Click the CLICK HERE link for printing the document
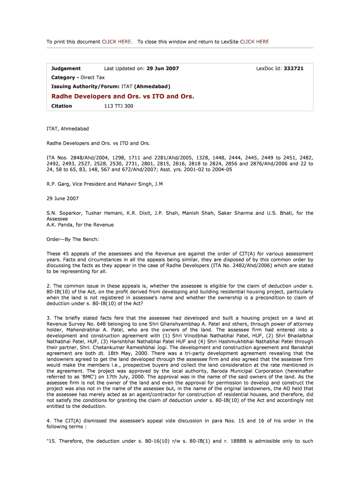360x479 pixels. [x=116, y=42]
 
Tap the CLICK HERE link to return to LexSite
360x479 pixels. [x=254, y=42]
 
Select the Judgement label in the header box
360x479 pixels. [x=66, y=68]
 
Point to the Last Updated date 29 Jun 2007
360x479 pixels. [x=163, y=68]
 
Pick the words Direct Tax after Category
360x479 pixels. [x=93, y=77]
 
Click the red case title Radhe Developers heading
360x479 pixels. [x=122, y=96]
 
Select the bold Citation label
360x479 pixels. [x=62, y=106]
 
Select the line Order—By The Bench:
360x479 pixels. [x=72, y=239]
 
